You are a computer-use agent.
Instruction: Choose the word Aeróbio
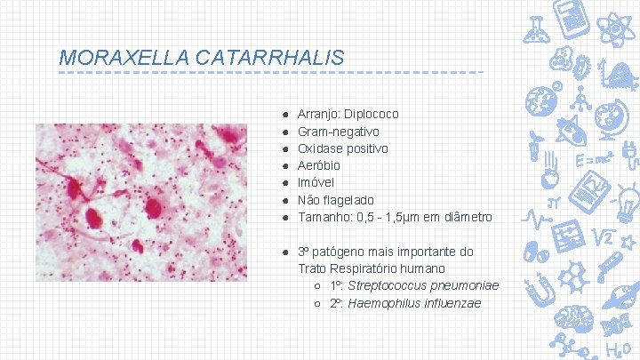click(x=319, y=165)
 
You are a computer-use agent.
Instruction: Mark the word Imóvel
click(x=316, y=183)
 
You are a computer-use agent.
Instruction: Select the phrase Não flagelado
click(x=336, y=200)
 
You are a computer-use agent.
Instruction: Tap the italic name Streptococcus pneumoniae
click(x=423, y=285)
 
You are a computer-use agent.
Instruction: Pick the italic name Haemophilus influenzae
click(x=414, y=303)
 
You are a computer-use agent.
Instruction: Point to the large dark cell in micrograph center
click(x=152, y=207)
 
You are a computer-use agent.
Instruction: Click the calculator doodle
click(x=571, y=18)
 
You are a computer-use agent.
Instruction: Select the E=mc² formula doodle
click(x=591, y=161)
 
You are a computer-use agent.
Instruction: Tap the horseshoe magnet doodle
click(x=540, y=289)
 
